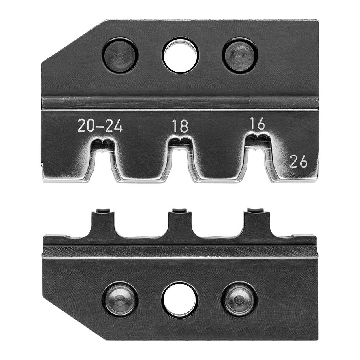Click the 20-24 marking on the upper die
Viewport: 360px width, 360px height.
coord(100,125)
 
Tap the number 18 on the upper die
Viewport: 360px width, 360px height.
coord(181,126)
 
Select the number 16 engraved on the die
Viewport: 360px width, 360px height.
coord(257,124)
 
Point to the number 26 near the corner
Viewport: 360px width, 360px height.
coord(298,161)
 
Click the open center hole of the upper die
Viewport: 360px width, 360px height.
coord(181,56)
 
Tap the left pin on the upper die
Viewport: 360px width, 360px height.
coord(120,55)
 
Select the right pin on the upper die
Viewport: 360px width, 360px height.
coord(240,55)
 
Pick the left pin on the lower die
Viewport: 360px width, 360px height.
coord(120,300)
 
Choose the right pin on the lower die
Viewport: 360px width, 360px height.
coord(239,300)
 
